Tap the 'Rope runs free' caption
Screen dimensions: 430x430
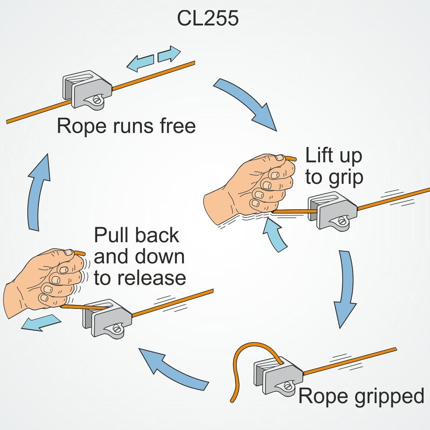coord(126,126)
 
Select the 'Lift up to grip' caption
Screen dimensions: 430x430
coord(334,166)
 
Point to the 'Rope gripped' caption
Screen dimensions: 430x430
coord(361,396)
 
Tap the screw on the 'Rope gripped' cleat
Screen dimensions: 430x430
coord(288,387)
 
